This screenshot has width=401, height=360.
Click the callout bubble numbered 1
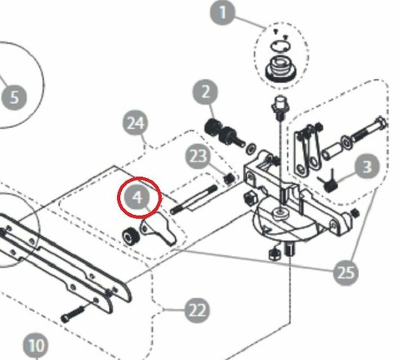pyautogui.click(x=223, y=12)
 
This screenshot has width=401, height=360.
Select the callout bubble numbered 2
pyautogui.click(x=206, y=92)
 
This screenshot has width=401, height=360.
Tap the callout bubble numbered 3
pyautogui.click(x=367, y=166)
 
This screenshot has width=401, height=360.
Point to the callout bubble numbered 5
pyautogui.click(x=14, y=98)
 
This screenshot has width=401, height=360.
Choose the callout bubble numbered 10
pyautogui.click(x=36, y=346)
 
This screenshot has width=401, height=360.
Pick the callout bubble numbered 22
pyautogui.click(x=197, y=310)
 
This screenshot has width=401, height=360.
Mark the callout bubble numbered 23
pyautogui.click(x=198, y=156)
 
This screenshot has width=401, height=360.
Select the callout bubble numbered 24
pyautogui.click(x=136, y=123)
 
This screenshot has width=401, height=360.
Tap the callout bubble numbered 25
pyautogui.click(x=346, y=272)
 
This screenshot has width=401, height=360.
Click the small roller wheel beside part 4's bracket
pyautogui.click(x=131, y=236)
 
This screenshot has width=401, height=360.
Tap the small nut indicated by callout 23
pyautogui.click(x=229, y=178)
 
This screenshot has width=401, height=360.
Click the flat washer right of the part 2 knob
pyautogui.click(x=251, y=149)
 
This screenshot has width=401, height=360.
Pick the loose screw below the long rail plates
pyautogui.click(x=72, y=314)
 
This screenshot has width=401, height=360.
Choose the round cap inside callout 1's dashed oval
pyautogui.click(x=281, y=67)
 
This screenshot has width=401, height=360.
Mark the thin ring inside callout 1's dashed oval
pyautogui.click(x=280, y=46)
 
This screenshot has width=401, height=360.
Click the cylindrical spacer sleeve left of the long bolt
pyautogui.click(x=332, y=151)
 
